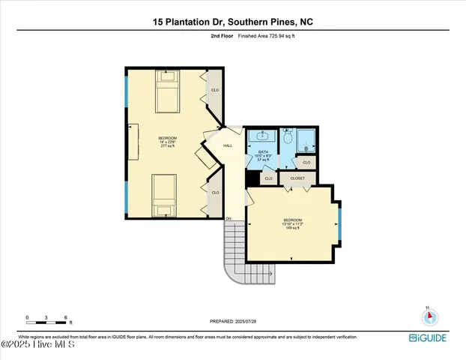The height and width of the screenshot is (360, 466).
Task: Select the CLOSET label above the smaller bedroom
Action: click(297, 178)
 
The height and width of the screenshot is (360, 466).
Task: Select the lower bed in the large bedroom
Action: click(164, 194)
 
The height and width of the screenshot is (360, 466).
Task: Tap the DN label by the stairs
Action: click(229, 218)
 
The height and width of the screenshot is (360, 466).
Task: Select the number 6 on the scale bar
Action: click(67, 318)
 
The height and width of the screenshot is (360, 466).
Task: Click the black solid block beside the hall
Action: click(251, 178)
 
